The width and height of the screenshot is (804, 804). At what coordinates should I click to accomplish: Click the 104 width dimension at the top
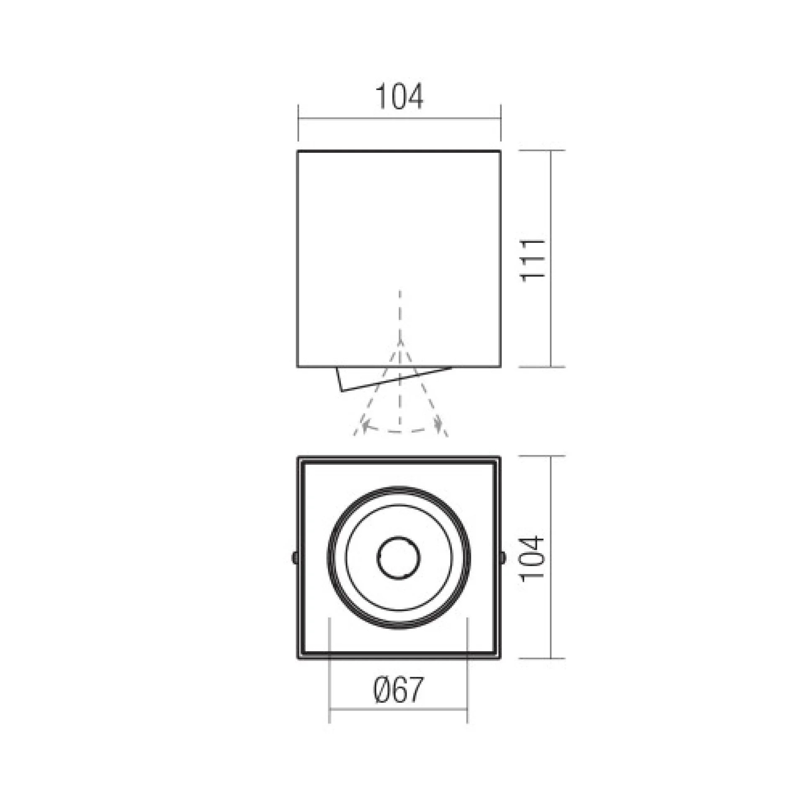pyautogui.click(x=399, y=97)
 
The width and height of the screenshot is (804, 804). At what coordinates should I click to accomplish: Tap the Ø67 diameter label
pyautogui.click(x=398, y=690)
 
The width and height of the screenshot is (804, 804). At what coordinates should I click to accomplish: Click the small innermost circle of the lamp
pyautogui.click(x=398, y=558)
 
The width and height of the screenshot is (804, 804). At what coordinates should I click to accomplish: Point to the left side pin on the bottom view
pyautogui.click(x=294, y=557)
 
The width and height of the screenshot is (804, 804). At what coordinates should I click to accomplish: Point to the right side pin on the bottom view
pyautogui.click(x=503, y=557)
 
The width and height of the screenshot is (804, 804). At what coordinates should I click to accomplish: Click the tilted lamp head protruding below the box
pyautogui.click(x=394, y=379)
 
